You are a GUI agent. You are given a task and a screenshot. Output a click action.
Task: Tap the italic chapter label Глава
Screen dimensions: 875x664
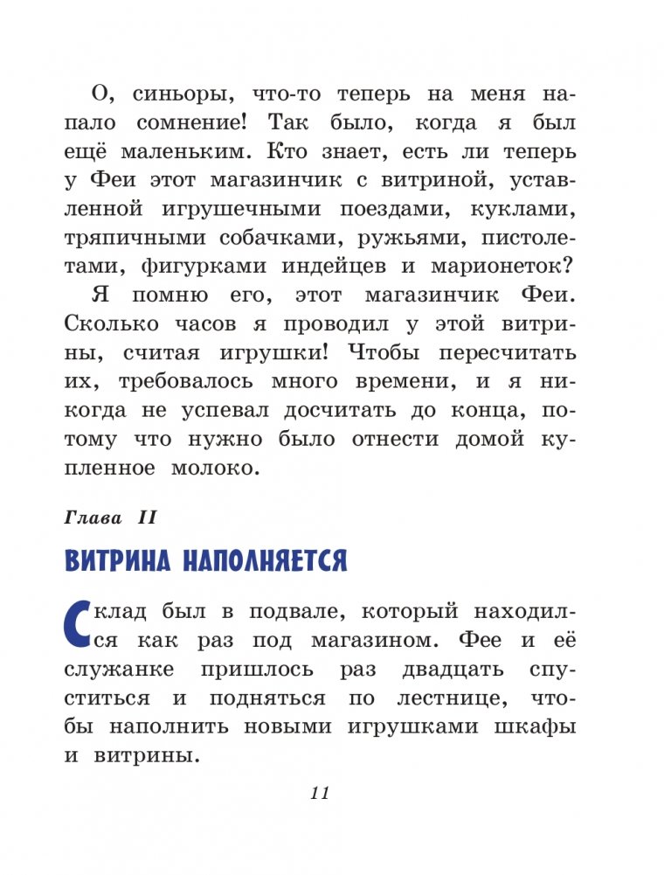pos(93,518)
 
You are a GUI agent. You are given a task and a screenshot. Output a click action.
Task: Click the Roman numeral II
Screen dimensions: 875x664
pos(144,518)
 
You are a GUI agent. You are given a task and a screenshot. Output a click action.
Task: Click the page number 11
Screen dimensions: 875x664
pos(318,793)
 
